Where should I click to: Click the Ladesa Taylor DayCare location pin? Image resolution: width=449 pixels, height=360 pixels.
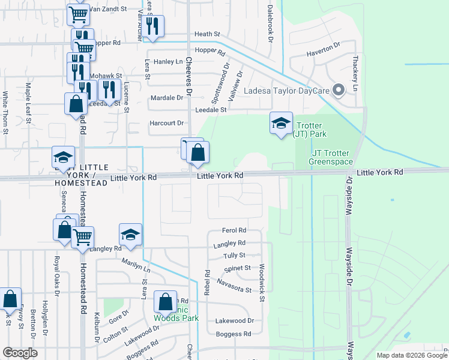(x=338, y=91)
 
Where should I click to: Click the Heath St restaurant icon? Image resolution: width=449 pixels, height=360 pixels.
(x=154, y=26)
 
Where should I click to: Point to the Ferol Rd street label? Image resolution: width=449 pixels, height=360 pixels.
(x=234, y=230)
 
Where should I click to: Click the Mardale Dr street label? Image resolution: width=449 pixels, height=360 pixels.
(x=166, y=97)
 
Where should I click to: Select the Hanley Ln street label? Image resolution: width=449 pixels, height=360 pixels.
(x=168, y=62)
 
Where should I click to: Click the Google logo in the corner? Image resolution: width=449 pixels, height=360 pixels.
(x=20, y=353)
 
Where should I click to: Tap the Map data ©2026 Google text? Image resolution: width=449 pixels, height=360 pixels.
(x=411, y=355)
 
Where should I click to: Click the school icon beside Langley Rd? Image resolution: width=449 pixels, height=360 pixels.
(x=131, y=235)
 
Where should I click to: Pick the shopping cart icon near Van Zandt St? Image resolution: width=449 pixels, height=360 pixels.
(x=79, y=14)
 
